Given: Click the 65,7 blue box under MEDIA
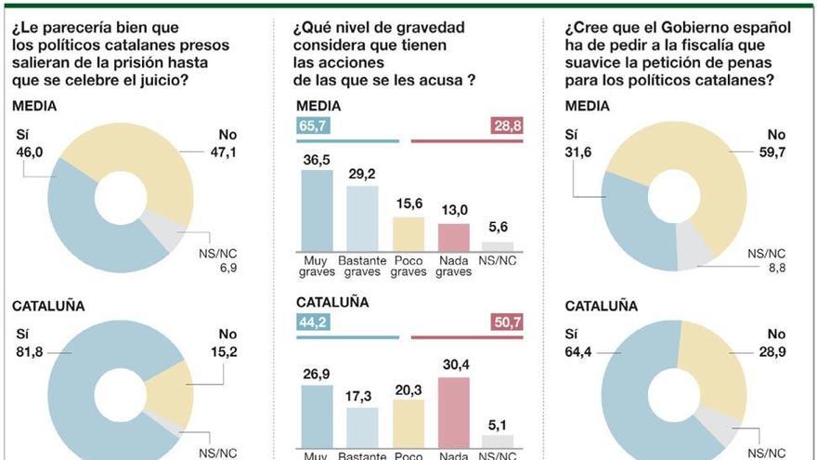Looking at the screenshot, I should [312, 125].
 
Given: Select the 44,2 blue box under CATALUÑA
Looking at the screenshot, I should [312, 322].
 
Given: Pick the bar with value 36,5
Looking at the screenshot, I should [318, 210].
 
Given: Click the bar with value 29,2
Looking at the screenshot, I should [363, 218].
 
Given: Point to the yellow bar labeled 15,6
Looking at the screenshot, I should [408, 234].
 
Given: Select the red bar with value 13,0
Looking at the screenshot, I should [454, 237].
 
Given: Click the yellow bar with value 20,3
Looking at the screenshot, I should [408, 424].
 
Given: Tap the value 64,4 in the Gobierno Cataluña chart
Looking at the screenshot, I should [580, 352].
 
